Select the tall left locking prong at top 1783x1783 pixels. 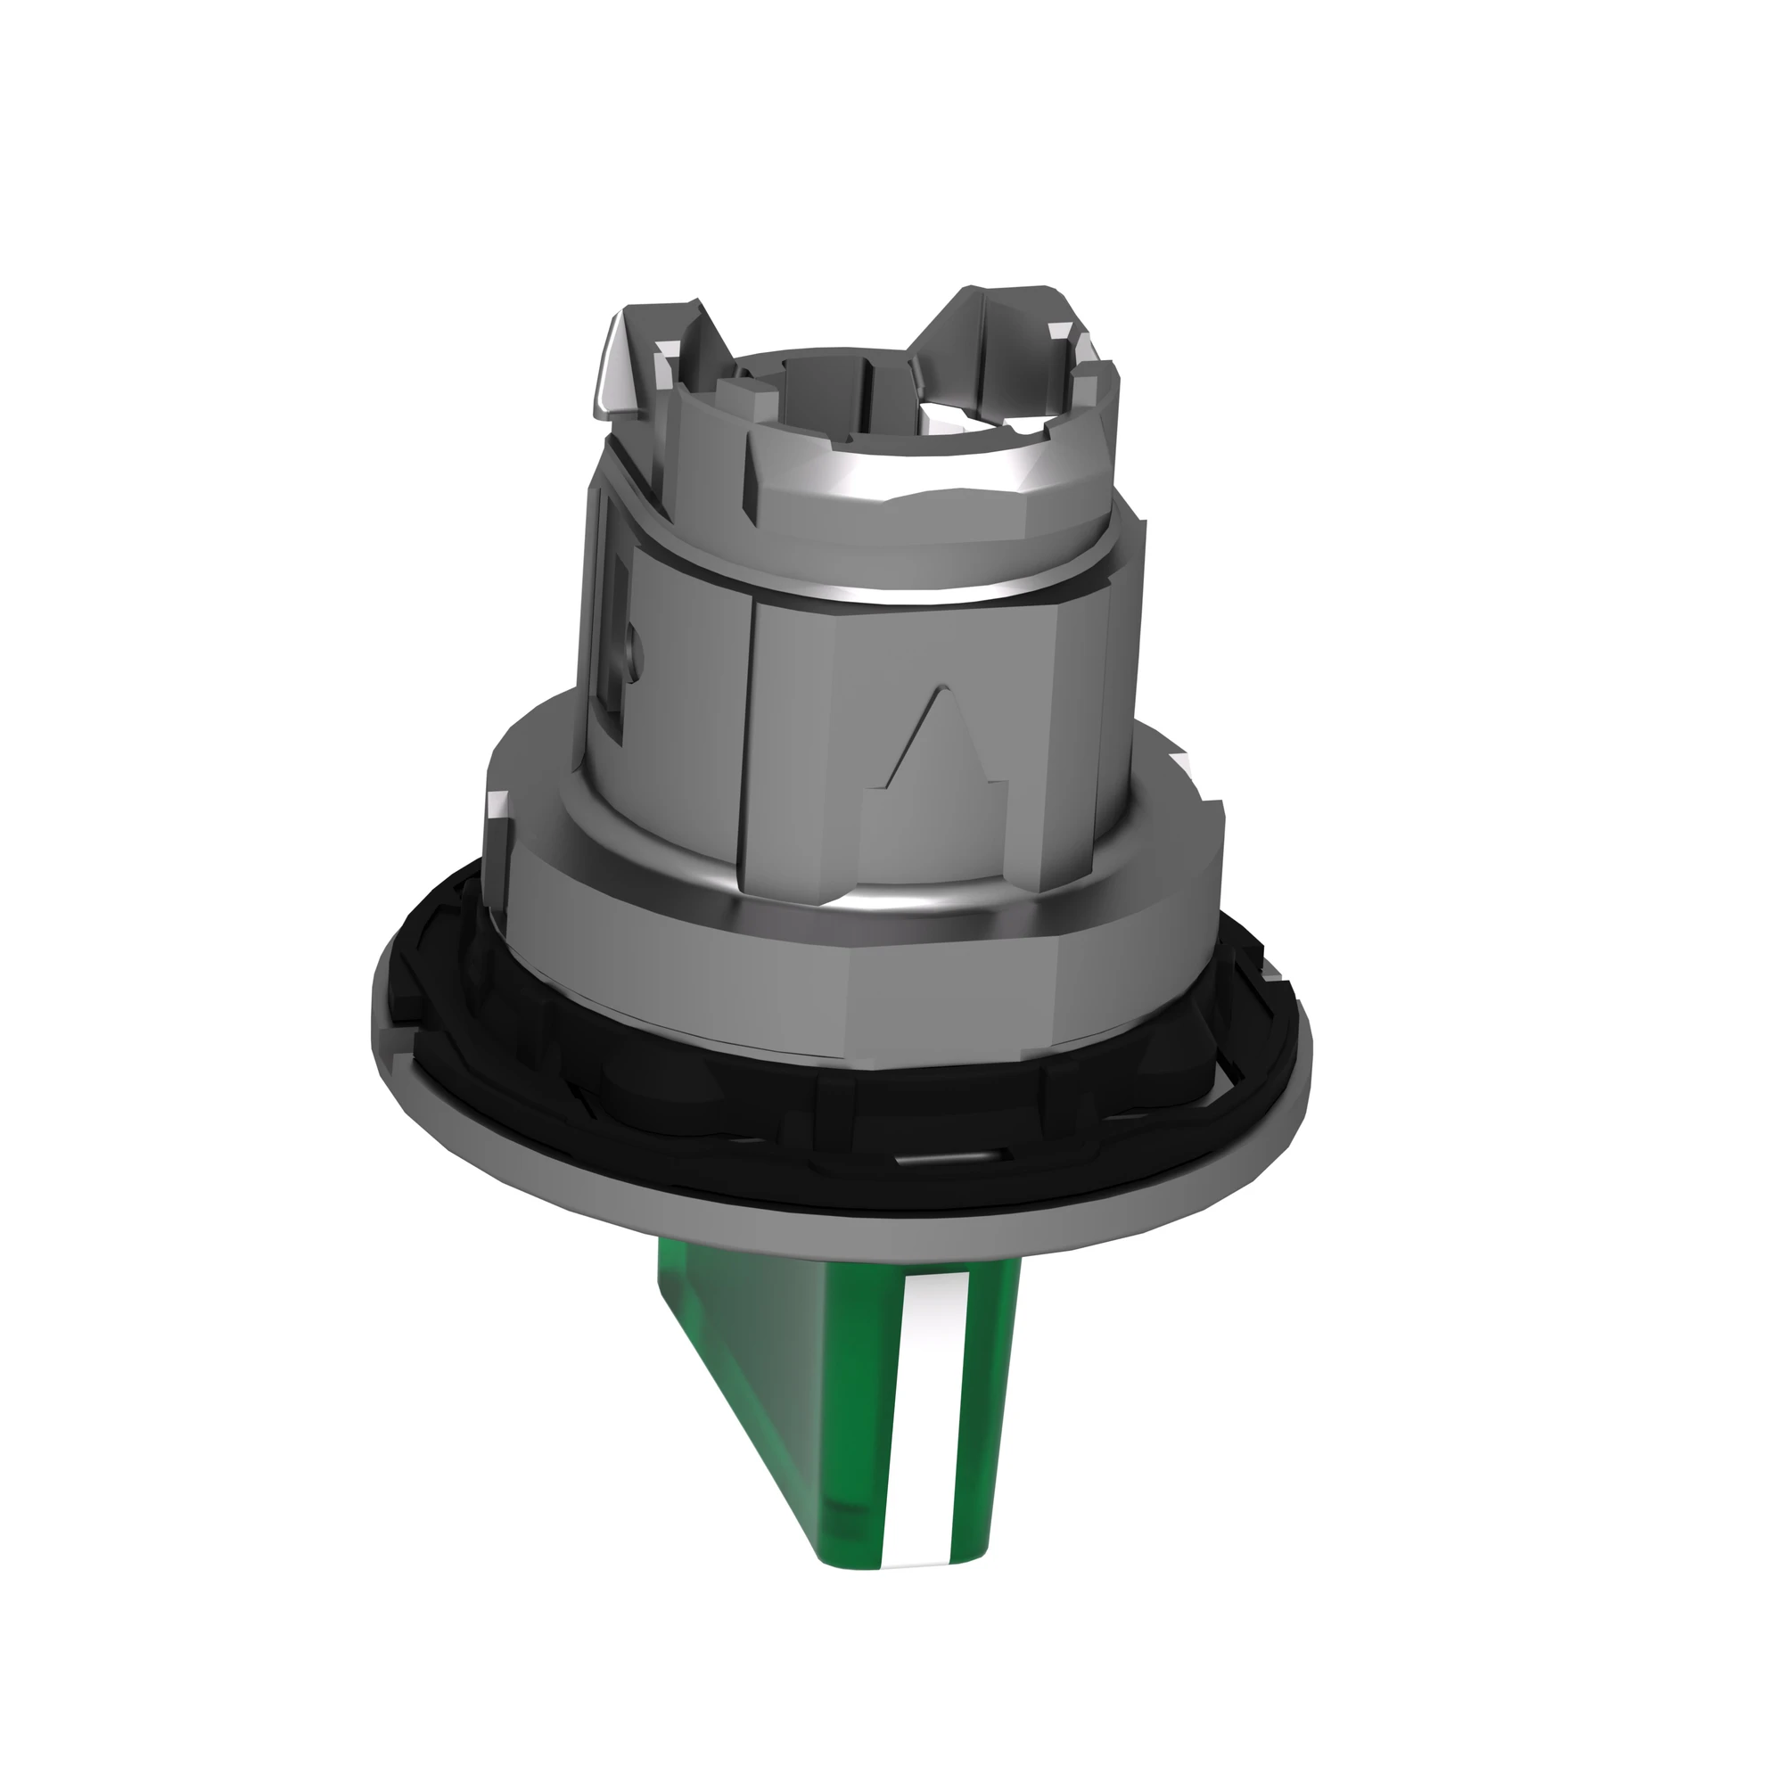637,356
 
